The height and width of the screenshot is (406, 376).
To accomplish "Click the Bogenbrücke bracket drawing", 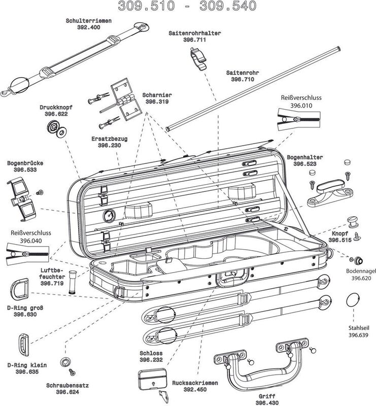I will [21, 196].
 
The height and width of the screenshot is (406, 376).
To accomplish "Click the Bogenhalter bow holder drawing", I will [330, 191].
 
